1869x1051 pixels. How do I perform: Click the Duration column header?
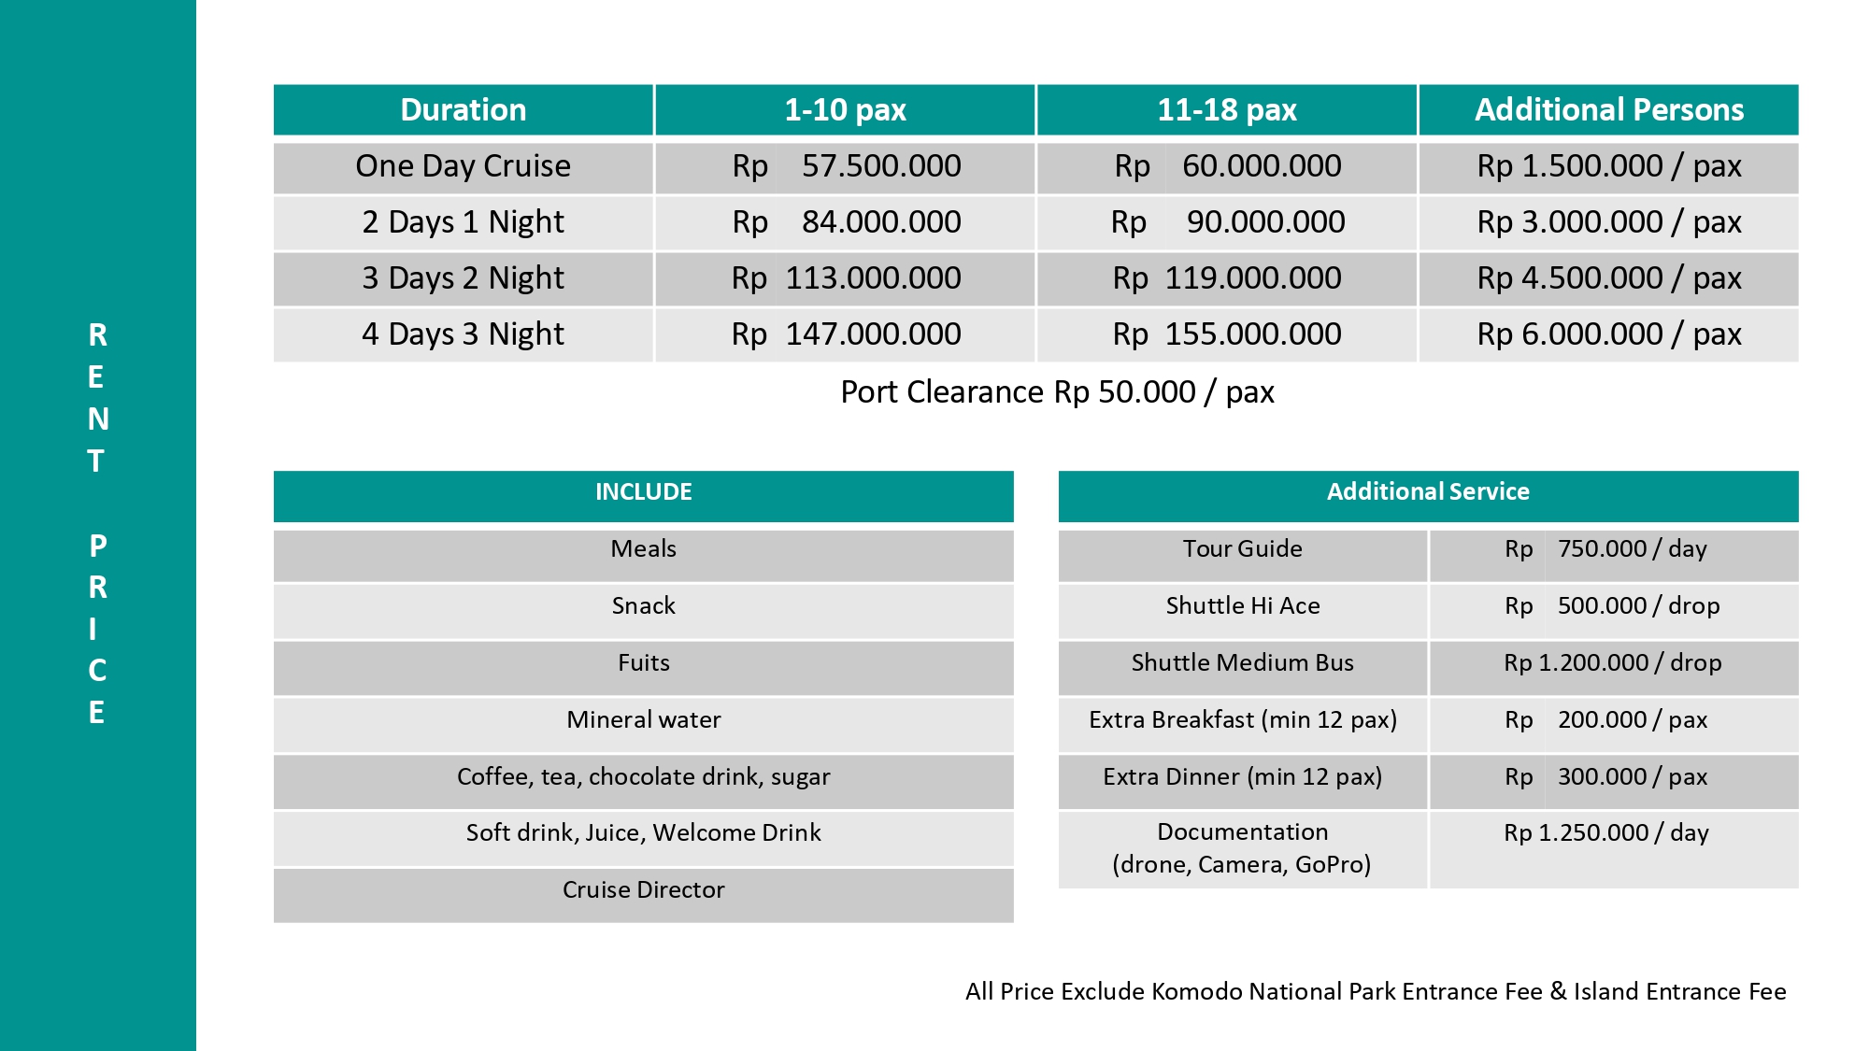[x=463, y=110]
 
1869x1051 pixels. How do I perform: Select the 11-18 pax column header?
[x=1226, y=110]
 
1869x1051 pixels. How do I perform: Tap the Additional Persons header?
[x=1608, y=110]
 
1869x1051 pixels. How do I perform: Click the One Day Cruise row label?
[x=463, y=166]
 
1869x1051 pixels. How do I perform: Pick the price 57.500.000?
[x=880, y=166]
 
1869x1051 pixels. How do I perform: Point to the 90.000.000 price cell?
[x=1265, y=222]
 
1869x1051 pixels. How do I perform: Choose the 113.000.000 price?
[x=873, y=278]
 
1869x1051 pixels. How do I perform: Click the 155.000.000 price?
[x=1252, y=334]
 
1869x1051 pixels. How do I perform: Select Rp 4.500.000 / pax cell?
[x=1608, y=278]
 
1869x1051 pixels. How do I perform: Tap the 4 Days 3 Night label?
[x=463, y=334]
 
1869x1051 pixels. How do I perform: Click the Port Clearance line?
[x=1057, y=392]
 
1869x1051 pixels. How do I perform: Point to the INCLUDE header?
[x=643, y=492]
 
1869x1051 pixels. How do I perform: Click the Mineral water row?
[x=643, y=720]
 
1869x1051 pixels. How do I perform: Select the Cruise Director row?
[x=643, y=890]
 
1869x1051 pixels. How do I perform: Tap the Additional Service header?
[x=1428, y=492]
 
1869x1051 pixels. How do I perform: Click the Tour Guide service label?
[x=1242, y=549]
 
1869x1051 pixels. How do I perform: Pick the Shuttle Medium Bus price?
[x=1612, y=663]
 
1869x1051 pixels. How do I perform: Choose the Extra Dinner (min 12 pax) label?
[x=1242, y=777]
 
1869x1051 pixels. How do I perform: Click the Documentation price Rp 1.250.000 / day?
[x=1605, y=833]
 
